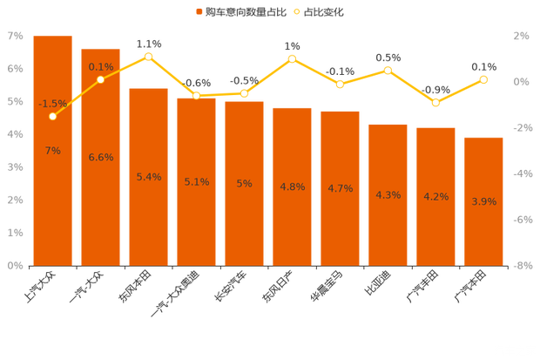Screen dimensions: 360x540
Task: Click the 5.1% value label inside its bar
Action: [x=196, y=182]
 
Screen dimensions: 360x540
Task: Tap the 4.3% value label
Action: [x=388, y=195]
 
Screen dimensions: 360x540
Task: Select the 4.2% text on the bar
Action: [x=435, y=197]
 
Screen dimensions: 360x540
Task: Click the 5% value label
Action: [x=244, y=183]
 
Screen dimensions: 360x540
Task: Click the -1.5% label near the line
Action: [x=52, y=104]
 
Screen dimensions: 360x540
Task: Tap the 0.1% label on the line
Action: [x=101, y=67]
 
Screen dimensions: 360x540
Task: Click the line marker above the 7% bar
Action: [x=52, y=116]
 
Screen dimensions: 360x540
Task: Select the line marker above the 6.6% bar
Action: [x=101, y=79]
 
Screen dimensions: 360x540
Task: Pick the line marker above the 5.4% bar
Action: [x=149, y=56]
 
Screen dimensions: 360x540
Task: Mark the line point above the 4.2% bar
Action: [x=435, y=103]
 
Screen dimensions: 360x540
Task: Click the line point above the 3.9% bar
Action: [x=483, y=79]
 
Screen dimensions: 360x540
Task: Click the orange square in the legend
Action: [x=199, y=12]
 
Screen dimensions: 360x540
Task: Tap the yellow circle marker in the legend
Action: [x=297, y=12]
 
